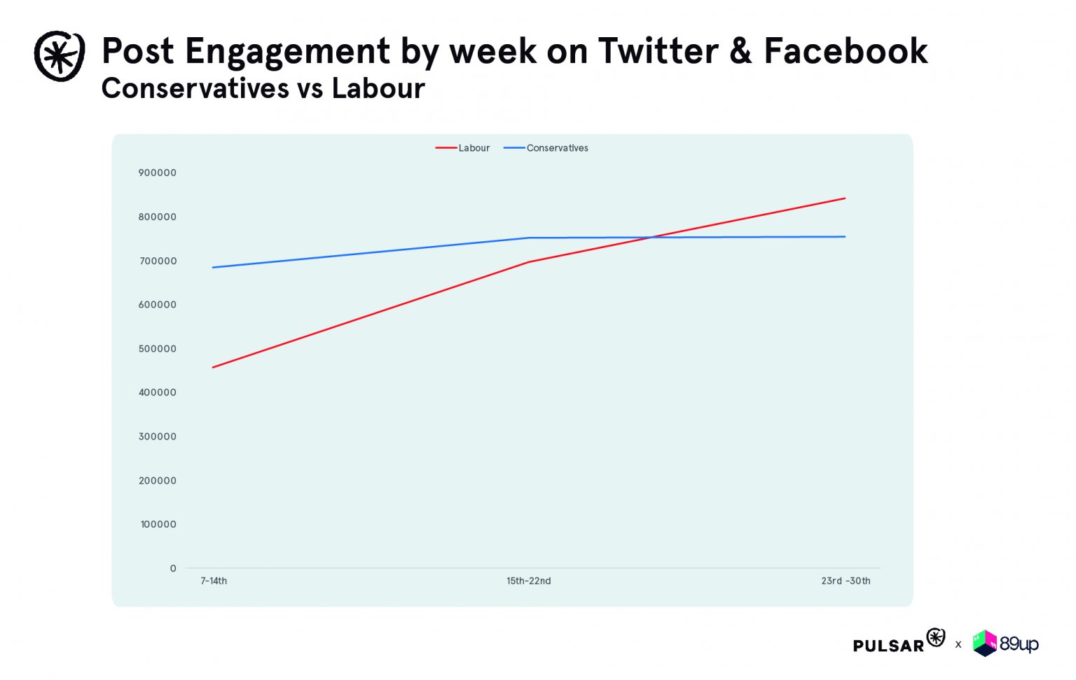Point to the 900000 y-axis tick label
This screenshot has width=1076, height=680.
(158, 173)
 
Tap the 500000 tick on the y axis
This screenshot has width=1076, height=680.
(158, 349)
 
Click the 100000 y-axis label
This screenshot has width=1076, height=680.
(158, 524)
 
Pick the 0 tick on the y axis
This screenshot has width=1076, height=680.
(173, 569)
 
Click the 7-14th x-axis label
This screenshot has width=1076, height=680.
(214, 581)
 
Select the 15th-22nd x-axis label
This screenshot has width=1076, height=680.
(529, 581)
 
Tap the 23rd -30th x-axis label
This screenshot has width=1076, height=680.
(846, 581)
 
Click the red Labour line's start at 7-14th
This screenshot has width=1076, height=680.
(213, 367)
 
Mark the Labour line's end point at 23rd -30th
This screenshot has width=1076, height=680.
(845, 198)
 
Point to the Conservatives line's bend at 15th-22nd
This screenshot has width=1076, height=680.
(529, 238)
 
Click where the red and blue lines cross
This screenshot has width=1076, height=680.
(652, 237)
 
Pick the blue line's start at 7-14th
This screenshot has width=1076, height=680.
(213, 267)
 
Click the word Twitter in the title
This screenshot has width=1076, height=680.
(658, 51)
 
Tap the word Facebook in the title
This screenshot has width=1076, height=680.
(846, 51)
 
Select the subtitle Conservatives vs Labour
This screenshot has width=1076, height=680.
(263, 89)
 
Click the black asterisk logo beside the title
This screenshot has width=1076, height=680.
(60, 56)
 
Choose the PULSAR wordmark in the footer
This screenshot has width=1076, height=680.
(888, 646)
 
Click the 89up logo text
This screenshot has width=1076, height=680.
(1019, 644)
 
